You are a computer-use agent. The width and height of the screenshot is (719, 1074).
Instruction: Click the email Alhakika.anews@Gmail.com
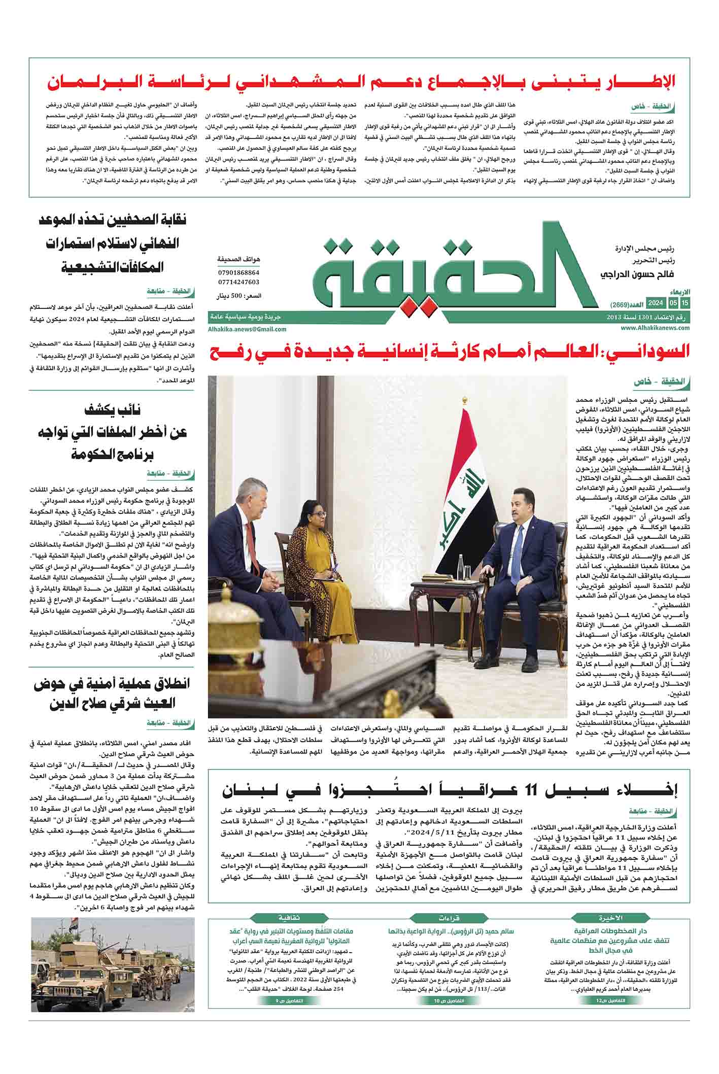tap(247, 329)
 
